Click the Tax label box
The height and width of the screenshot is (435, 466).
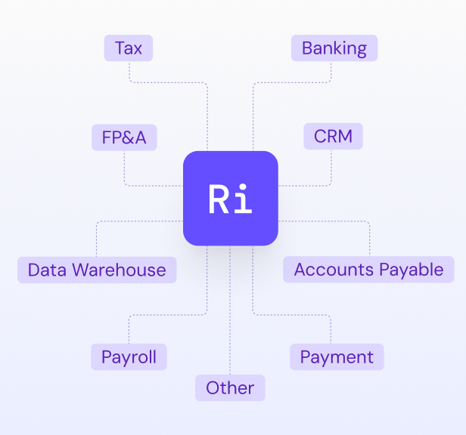(x=129, y=48)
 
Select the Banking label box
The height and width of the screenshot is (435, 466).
(x=334, y=48)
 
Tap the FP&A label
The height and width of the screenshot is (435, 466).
(x=124, y=137)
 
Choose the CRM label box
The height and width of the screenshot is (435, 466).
(x=334, y=137)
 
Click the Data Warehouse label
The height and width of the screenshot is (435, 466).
(x=97, y=270)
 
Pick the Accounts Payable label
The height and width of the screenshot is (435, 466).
(x=368, y=270)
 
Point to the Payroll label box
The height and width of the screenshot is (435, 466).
(x=129, y=356)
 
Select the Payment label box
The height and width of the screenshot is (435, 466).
(x=337, y=356)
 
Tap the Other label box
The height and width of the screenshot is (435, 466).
(x=230, y=387)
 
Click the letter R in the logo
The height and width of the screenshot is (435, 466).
(x=218, y=199)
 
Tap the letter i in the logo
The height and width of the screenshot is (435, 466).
(x=243, y=199)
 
